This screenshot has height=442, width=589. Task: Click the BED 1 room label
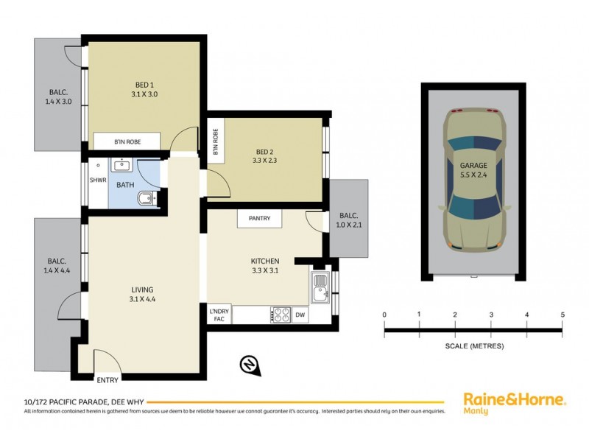coord(145,89)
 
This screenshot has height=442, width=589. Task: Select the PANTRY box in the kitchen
coord(259,218)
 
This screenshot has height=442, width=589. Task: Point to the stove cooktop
coord(281,315)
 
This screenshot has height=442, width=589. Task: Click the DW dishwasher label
coord(300,315)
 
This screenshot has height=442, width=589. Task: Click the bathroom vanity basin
coord(122,166)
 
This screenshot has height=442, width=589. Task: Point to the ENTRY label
coord(107,380)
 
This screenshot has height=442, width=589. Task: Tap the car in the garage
coord(474,181)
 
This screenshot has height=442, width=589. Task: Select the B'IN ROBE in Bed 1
coord(127,141)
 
